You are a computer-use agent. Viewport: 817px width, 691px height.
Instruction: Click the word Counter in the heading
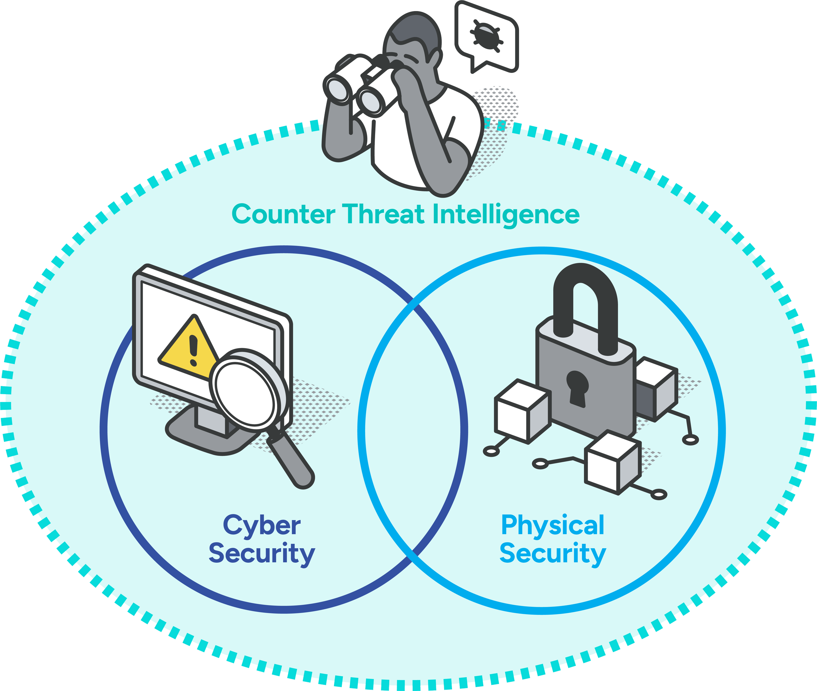[283, 214]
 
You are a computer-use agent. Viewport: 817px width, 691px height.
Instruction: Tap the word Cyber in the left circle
[261, 525]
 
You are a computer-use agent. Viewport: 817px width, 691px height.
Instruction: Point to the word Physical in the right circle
[553, 525]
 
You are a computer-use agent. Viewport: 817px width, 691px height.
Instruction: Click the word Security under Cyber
[261, 554]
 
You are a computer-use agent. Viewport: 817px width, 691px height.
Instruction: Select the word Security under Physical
[553, 554]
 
